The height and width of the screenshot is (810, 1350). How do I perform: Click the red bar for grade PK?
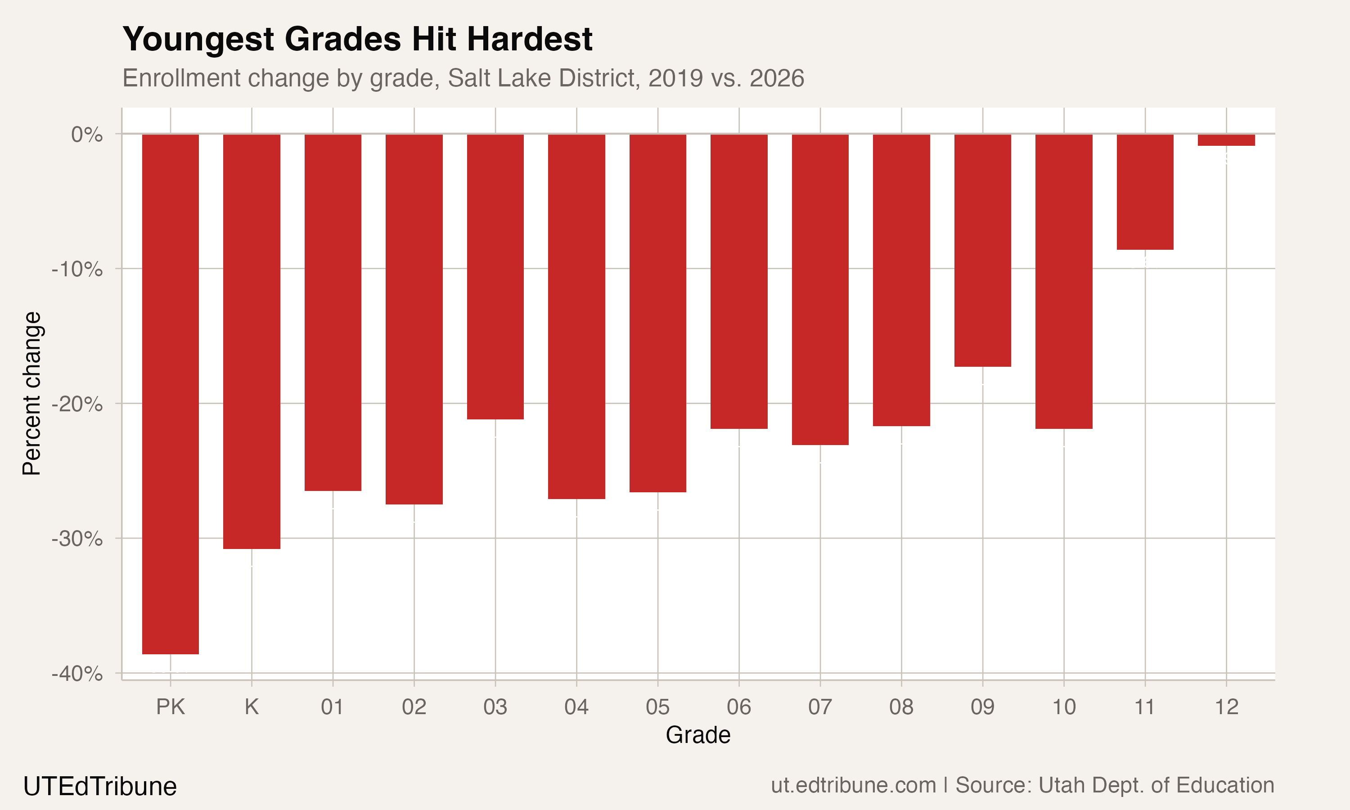tap(170, 393)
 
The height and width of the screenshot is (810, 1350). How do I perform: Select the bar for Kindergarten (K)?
tap(252, 341)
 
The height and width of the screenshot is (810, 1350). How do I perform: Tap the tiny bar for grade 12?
tap(1226, 140)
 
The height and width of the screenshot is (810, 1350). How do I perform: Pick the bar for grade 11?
tap(1145, 192)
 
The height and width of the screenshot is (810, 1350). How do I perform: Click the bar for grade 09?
tap(982, 250)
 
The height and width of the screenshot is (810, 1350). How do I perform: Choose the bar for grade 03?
tap(495, 276)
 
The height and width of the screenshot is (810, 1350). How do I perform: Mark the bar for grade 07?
tap(820, 289)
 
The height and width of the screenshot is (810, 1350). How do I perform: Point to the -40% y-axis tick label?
tap(77, 674)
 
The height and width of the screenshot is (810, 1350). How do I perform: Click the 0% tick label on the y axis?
tap(87, 134)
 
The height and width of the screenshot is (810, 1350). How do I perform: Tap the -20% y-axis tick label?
tap(77, 404)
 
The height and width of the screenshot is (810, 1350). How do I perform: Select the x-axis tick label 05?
tap(657, 707)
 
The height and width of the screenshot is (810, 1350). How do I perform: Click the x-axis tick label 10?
tap(1063, 707)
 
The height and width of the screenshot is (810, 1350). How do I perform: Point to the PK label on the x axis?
tap(170, 707)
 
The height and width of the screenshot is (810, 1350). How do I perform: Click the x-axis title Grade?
tap(698, 735)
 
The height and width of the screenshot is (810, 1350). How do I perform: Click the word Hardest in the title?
tap(529, 39)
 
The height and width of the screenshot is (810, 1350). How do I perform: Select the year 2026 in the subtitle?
tap(777, 78)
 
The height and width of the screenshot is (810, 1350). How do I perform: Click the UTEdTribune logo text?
tap(100, 787)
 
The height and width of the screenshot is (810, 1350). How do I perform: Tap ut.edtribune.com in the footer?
tap(854, 785)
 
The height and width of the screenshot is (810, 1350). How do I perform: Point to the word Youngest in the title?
tap(198, 39)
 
